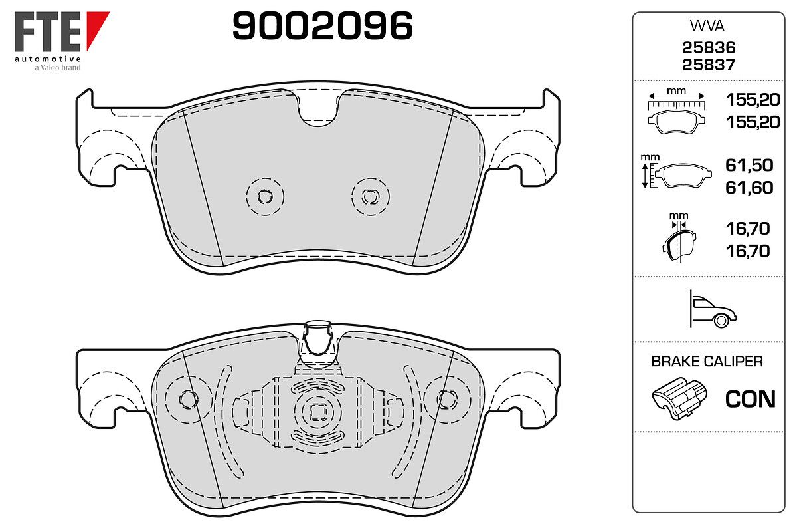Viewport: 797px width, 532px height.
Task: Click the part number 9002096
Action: pyautogui.click(x=322, y=26)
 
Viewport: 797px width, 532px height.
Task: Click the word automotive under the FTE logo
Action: pyautogui.click(x=47, y=59)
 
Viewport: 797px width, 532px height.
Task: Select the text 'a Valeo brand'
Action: pyautogui.click(x=57, y=68)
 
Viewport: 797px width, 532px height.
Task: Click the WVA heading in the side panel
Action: pyautogui.click(x=707, y=26)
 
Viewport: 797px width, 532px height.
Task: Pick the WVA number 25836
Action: pyautogui.click(x=709, y=47)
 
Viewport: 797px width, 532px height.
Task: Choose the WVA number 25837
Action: pyautogui.click(x=709, y=65)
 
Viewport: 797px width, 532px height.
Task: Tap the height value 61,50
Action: pyautogui.click(x=749, y=165)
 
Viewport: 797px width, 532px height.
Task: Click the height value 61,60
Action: pyautogui.click(x=749, y=188)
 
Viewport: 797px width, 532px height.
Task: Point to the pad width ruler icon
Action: pyautogui.click(x=676, y=112)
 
